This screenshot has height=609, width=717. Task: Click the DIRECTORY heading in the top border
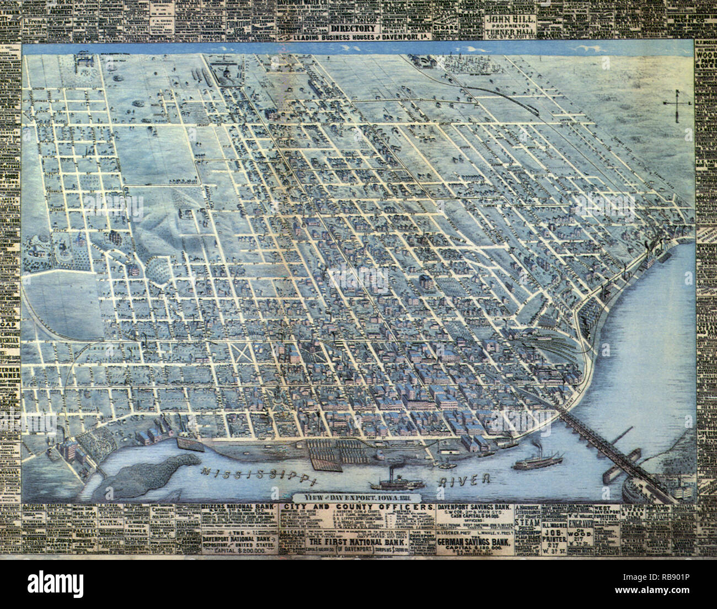pyautogui.click(x=355, y=29)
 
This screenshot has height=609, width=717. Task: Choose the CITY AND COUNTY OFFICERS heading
pyautogui.click(x=356, y=506)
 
